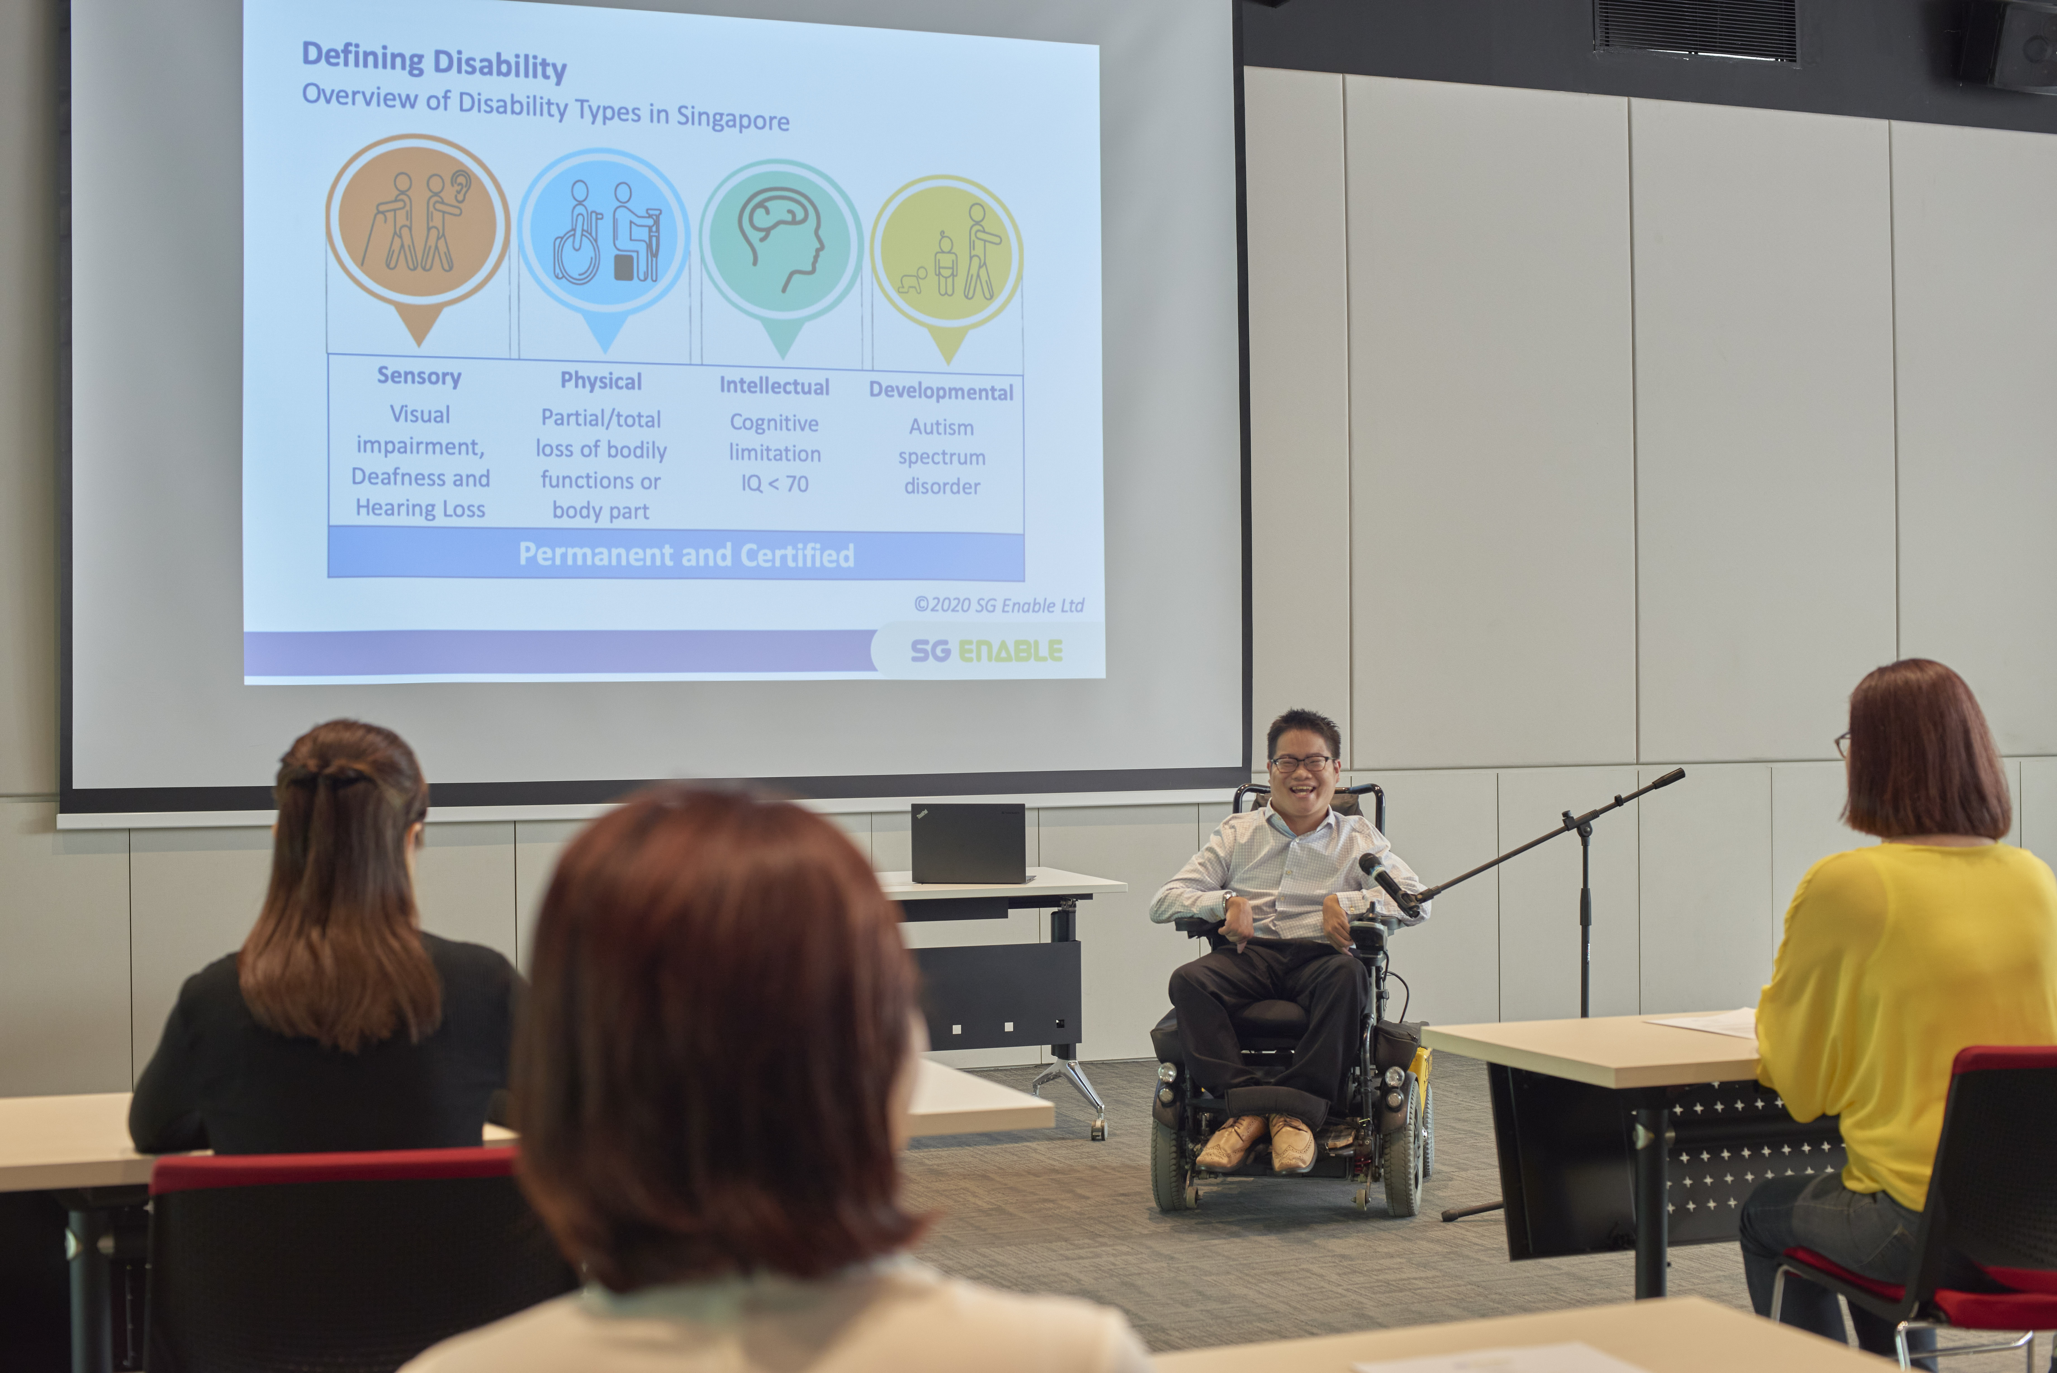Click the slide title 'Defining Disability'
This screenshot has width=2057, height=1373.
pos(434,61)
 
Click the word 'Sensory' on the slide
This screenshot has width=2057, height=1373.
pos(418,377)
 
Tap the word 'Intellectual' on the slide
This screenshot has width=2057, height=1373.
pos(774,386)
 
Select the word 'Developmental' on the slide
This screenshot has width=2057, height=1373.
pos(941,391)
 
